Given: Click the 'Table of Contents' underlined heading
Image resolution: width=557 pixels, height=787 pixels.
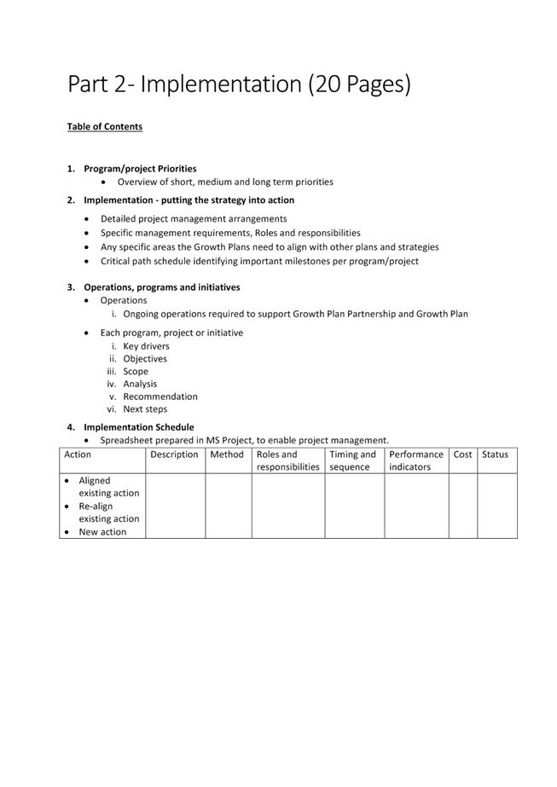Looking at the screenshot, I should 105,127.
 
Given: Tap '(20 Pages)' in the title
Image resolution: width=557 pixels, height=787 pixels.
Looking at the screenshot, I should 359,84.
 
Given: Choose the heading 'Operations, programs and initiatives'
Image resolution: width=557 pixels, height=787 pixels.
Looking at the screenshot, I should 161,287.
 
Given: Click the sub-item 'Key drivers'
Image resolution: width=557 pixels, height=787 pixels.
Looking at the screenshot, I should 146,346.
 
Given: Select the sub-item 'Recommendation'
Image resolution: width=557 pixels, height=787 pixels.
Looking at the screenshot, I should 160,396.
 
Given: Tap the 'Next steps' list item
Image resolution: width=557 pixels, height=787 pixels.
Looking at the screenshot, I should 145,409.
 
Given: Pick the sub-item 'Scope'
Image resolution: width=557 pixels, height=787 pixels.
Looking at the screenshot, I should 136,372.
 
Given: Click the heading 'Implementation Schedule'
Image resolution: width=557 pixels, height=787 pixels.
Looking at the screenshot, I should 138,427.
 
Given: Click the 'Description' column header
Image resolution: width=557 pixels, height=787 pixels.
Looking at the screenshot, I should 174,455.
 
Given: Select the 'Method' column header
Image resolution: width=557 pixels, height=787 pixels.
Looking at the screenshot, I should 227,455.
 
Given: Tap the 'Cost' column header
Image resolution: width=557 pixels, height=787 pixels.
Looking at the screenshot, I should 462,455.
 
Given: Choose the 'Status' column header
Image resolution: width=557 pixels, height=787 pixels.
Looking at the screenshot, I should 495,455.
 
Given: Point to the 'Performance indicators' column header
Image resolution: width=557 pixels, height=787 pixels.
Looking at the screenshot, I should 415,461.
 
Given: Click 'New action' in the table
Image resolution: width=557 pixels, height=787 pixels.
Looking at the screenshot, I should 102,532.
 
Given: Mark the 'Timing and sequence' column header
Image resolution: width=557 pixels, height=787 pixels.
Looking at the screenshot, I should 352,461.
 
